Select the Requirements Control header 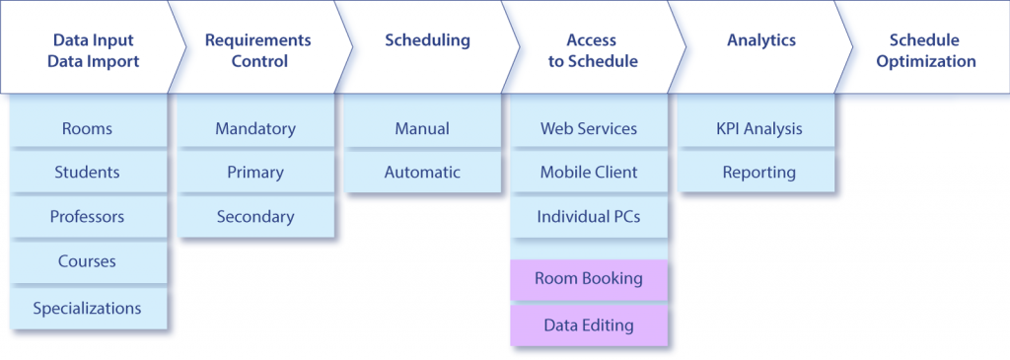[257, 50]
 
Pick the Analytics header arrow [760, 40]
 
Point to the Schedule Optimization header [931, 50]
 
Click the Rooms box [87, 128]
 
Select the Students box [87, 173]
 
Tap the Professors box [87, 217]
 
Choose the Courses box [87, 261]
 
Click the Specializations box [87, 308]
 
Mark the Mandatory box [254, 128]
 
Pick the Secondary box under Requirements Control [254, 217]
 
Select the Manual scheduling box [421, 128]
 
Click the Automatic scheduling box [421, 173]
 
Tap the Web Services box [588, 128]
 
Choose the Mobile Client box [588, 173]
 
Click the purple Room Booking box [588, 279]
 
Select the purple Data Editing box [588, 324]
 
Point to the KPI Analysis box [757, 128]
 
